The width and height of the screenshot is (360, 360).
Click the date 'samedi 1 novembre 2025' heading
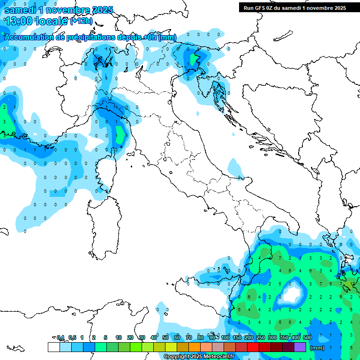pyautogui.click(x=58, y=10)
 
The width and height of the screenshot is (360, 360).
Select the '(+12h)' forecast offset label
pyautogui.click(x=82, y=21)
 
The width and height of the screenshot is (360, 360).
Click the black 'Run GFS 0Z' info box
pyautogui.click(x=294, y=7)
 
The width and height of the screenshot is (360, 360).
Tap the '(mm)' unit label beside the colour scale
pyautogui.click(x=317, y=347)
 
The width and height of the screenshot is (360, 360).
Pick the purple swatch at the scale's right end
pyautogui.click(x=300, y=347)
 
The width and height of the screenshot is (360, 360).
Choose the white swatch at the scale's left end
pyautogui.click(x=53, y=347)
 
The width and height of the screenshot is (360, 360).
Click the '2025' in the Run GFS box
pyautogui.click(x=338, y=7)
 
